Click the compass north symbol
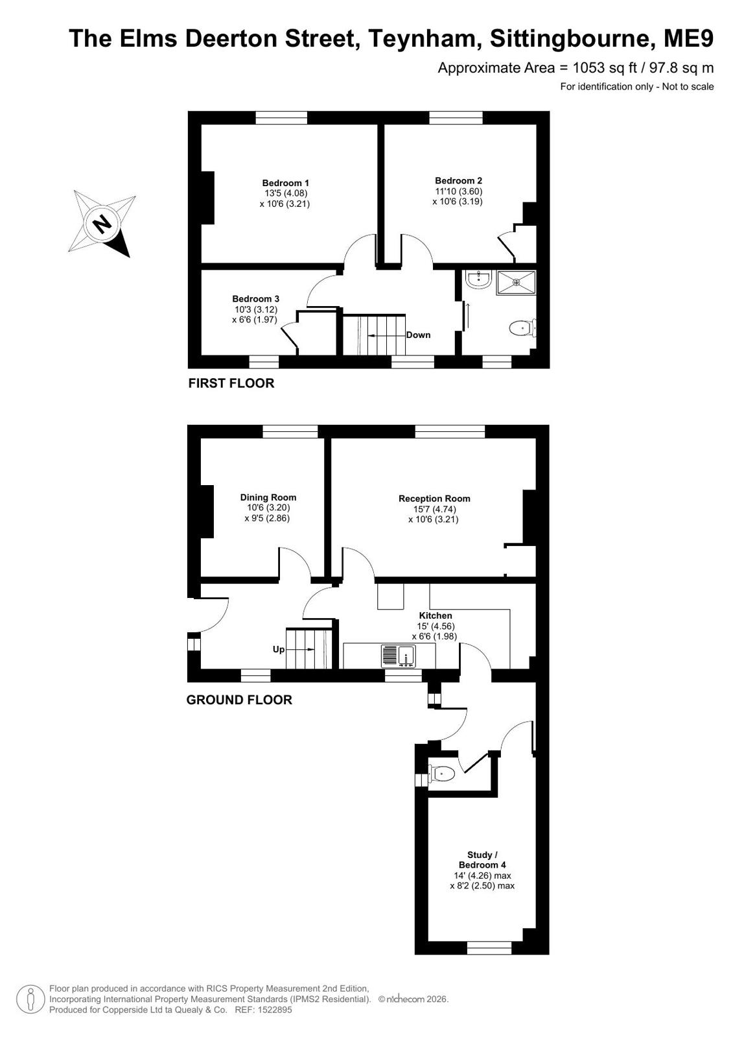102,224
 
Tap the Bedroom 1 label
285,183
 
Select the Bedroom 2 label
458,180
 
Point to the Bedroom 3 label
255,299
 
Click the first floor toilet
522,328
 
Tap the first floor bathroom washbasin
478,279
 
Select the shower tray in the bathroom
516,283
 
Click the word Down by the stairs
418,335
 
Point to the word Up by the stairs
279,650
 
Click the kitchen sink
399,656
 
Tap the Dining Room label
268,497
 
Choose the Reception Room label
434,499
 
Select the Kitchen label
436,615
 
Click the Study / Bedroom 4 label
482,860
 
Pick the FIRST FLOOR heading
231,383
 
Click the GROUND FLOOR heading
239,700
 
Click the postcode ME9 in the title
688,38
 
